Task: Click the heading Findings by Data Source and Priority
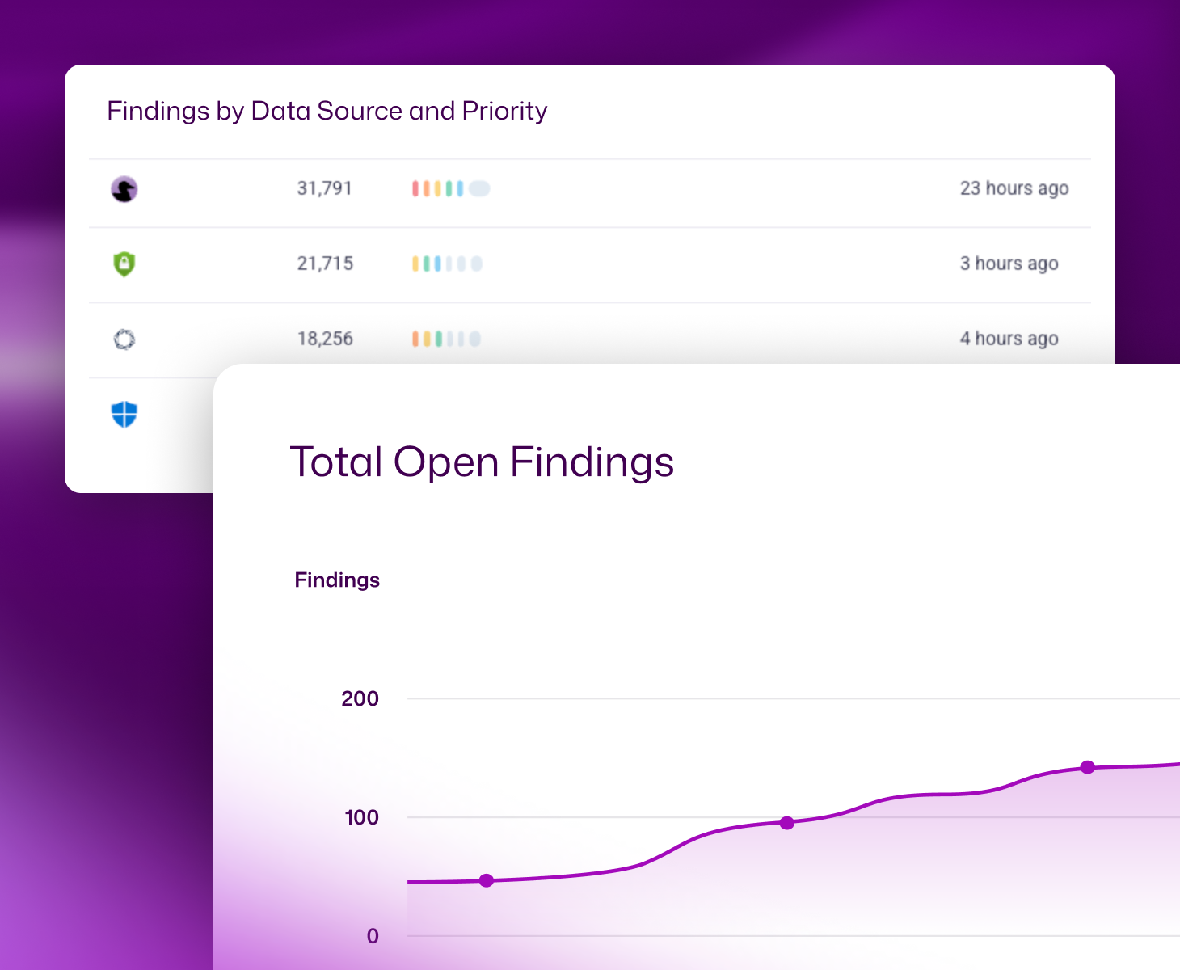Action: coord(327,111)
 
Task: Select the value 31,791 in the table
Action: coord(324,188)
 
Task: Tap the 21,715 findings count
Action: coord(325,264)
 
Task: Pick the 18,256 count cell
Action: coord(325,339)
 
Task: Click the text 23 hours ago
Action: coord(1014,188)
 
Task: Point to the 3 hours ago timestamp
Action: coord(1009,264)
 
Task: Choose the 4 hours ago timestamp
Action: coord(1009,339)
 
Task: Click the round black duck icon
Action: coord(124,189)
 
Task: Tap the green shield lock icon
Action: coord(124,264)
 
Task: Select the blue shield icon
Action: coord(124,415)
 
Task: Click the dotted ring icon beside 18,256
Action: coord(124,339)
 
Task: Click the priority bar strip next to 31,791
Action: coord(450,189)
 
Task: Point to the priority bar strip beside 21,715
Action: coord(447,264)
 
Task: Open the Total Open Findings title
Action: coord(482,462)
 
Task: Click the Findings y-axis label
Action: coord(337,580)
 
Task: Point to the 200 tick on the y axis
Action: coord(360,698)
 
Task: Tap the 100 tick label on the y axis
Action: coord(361,817)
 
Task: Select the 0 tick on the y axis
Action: coord(373,936)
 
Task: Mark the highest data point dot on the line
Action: coord(1088,767)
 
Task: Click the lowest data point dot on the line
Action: coord(487,880)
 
